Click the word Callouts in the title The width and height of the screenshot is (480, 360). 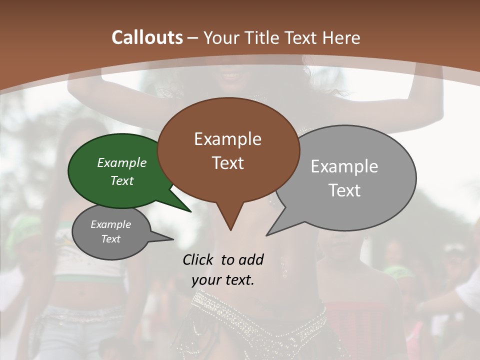tap(147, 37)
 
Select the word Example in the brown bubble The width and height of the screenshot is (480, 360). tap(227, 139)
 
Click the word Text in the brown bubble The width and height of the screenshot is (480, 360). tap(227, 163)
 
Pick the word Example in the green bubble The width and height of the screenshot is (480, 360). tap(121, 162)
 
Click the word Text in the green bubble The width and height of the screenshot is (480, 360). tap(121, 180)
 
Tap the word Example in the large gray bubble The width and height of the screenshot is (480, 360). tap(344, 166)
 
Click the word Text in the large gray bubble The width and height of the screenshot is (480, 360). tap(344, 190)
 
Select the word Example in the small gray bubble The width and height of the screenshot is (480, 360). tap(110, 224)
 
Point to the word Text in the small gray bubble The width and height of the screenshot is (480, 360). tap(110, 239)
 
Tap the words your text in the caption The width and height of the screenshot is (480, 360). tap(222, 280)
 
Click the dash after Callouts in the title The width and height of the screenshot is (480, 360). tap(193, 38)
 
